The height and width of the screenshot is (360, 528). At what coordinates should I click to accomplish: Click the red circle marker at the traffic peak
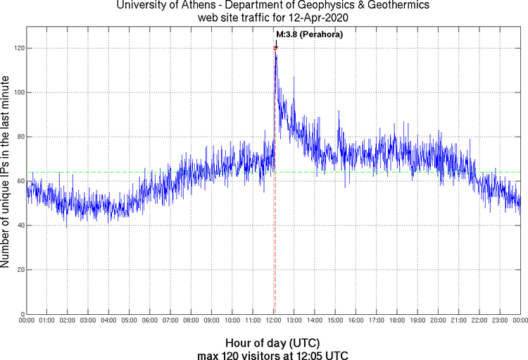275,48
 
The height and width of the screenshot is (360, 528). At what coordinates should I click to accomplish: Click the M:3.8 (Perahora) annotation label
309,34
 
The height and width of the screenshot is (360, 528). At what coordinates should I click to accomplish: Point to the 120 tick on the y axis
18,48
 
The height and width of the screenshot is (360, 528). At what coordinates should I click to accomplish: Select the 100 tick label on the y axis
18,92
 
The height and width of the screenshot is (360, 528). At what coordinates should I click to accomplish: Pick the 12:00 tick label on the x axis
273,321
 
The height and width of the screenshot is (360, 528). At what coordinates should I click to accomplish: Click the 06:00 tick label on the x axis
150,321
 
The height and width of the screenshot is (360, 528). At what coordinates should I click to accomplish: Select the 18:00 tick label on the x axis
396,321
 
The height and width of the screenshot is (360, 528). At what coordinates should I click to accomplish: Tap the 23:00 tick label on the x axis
499,321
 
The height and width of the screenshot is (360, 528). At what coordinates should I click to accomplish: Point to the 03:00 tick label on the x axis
88,321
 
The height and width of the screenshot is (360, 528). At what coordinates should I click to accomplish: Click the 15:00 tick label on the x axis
335,321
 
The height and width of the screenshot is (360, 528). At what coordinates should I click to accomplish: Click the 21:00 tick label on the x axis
458,321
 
